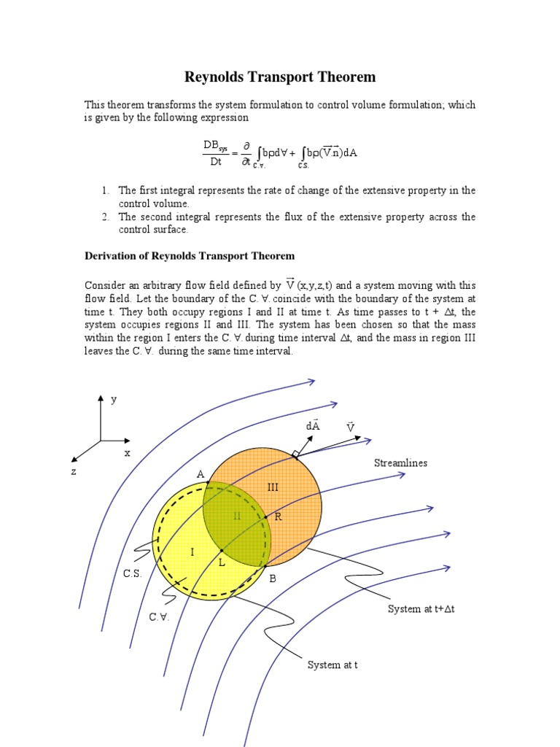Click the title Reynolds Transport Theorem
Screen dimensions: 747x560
279,77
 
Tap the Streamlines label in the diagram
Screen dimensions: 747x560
400,463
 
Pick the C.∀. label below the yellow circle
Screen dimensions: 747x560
158,617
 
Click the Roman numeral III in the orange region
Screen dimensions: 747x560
273,487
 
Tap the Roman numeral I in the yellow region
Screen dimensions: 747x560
192,552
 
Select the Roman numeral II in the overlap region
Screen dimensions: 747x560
236,516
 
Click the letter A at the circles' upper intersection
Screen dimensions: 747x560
200,475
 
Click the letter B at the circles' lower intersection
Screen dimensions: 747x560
273,578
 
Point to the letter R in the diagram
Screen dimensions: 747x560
278,516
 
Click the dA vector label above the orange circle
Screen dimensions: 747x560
313,426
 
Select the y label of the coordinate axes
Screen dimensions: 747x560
113,400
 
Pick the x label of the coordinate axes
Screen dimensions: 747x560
127,453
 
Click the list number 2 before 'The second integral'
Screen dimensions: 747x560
105,217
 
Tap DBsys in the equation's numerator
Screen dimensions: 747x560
215,147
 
